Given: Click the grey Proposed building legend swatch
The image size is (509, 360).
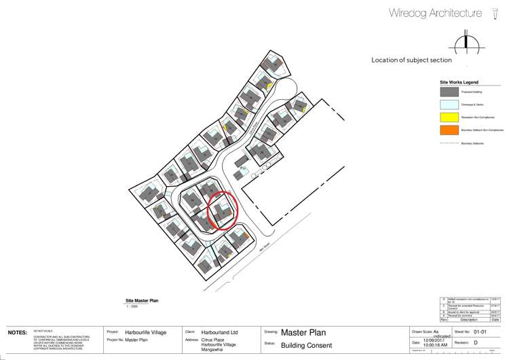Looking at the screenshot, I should pos(449,92).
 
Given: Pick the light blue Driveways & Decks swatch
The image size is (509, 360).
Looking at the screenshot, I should pos(449,105).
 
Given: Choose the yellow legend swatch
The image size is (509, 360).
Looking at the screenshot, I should pos(449,118).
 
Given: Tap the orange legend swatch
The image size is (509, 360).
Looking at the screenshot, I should pos(449,130).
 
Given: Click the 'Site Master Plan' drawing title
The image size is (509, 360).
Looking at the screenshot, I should pos(142,300).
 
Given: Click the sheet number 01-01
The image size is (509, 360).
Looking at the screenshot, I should pos(480,332).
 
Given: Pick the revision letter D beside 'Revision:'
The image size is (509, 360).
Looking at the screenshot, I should pos(475,343).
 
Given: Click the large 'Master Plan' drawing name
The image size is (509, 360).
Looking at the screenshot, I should pos(303,333).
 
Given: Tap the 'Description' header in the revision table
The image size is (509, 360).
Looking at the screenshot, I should pos(470,319).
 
